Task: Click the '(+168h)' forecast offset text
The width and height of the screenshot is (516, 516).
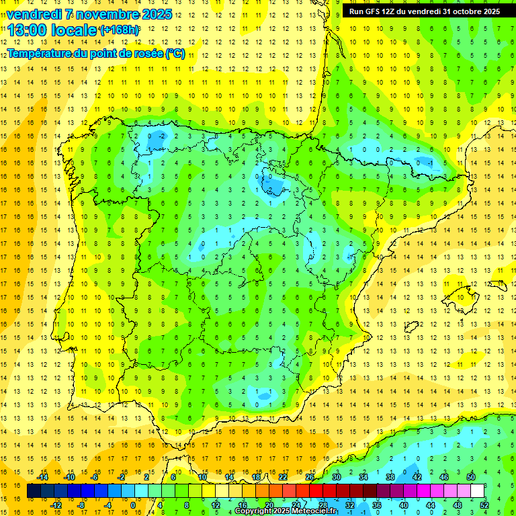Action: [120, 30]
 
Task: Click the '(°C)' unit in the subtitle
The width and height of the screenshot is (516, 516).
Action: [175, 53]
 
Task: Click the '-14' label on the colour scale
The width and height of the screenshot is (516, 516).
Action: [42, 477]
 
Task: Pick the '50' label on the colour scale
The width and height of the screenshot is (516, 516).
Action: [470, 477]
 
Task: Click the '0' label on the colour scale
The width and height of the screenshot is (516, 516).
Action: [133, 505]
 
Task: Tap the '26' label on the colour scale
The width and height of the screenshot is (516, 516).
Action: [310, 477]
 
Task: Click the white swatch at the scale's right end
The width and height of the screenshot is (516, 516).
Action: [478, 491]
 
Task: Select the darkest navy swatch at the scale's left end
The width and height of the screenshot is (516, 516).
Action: [34, 491]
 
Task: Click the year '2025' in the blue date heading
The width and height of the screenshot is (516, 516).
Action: [157, 13]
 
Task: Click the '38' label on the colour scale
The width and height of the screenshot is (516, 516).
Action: [390, 477]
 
